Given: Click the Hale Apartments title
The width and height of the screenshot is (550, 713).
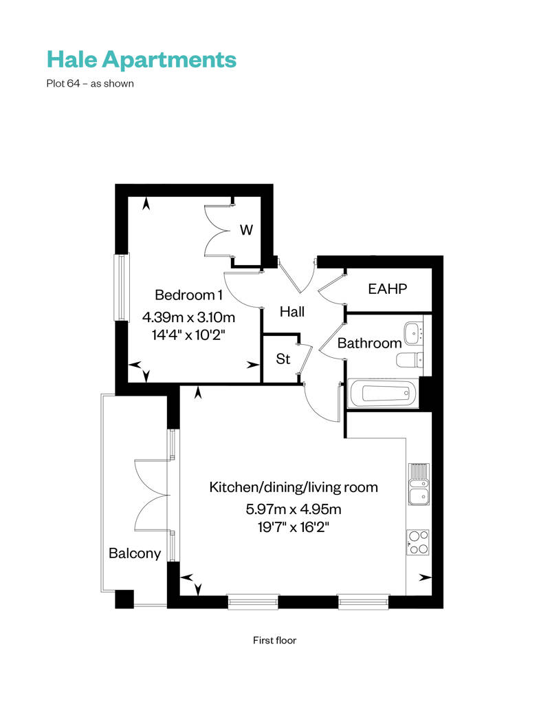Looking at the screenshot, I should pyautogui.click(x=142, y=59).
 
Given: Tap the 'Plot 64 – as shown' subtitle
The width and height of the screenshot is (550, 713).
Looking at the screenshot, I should pyautogui.click(x=89, y=84).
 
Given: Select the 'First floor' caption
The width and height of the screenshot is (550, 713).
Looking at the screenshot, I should pyautogui.click(x=275, y=640).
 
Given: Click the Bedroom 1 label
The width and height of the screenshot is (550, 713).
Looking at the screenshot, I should pyautogui.click(x=188, y=295).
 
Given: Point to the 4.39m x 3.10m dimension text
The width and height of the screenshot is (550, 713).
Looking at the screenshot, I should pyautogui.click(x=188, y=317).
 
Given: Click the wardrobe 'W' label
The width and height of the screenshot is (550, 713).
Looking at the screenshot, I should pyautogui.click(x=245, y=231).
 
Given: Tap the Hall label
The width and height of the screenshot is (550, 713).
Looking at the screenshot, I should pyautogui.click(x=292, y=312).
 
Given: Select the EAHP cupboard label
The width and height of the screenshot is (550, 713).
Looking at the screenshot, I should pyautogui.click(x=388, y=289).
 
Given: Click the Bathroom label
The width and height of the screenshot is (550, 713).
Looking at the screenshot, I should pyautogui.click(x=369, y=343).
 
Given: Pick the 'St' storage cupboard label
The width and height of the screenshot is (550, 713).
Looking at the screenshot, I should pyautogui.click(x=283, y=359).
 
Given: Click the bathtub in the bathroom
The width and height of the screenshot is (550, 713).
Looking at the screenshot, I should pyautogui.click(x=383, y=394).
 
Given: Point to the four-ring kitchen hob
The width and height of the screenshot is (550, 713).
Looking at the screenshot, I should pyautogui.click(x=417, y=542).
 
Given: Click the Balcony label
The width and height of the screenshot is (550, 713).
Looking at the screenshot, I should pyautogui.click(x=135, y=553).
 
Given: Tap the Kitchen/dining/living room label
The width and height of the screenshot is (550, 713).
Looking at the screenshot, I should pyautogui.click(x=294, y=487).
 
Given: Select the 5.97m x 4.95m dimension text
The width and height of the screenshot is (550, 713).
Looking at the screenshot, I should pyautogui.click(x=294, y=510).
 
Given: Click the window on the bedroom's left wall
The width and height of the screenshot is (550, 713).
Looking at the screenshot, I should pyautogui.click(x=121, y=287).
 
